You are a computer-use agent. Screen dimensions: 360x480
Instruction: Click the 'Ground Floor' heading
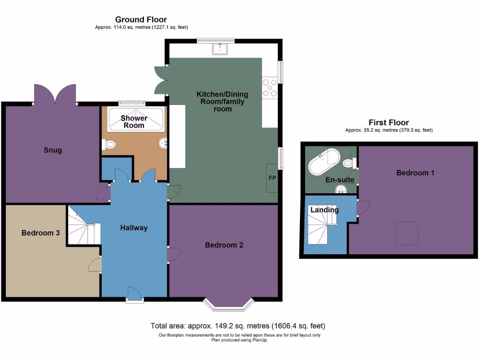[x=141, y=19]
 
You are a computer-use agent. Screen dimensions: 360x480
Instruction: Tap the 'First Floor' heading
[x=389, y=123]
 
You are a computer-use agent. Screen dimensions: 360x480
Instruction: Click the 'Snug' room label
[x=53, y=150]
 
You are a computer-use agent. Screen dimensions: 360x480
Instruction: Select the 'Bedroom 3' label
[x=40, y=232]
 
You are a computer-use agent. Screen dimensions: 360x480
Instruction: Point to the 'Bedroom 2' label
[x=224, y=245]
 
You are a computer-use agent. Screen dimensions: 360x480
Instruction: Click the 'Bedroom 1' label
[x=415, y=172]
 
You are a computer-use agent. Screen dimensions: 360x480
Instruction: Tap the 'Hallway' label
[x=134, y=228]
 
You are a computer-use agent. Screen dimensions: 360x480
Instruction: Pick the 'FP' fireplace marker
[x=272, y=178]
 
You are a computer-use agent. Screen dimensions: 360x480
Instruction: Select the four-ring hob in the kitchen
[x=270, y=88]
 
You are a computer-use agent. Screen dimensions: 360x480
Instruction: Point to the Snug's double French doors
[x=55, y=94]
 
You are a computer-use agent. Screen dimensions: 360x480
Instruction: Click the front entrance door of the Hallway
[x=135, y=294]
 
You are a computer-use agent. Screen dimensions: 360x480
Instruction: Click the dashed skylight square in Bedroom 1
[x=407, y=233]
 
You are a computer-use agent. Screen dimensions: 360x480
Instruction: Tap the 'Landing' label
[x=324, y=210]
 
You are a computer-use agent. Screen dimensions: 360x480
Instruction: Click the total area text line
[x=238, y=326]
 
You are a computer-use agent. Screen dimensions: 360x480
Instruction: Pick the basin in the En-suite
[x=341, y=188]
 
